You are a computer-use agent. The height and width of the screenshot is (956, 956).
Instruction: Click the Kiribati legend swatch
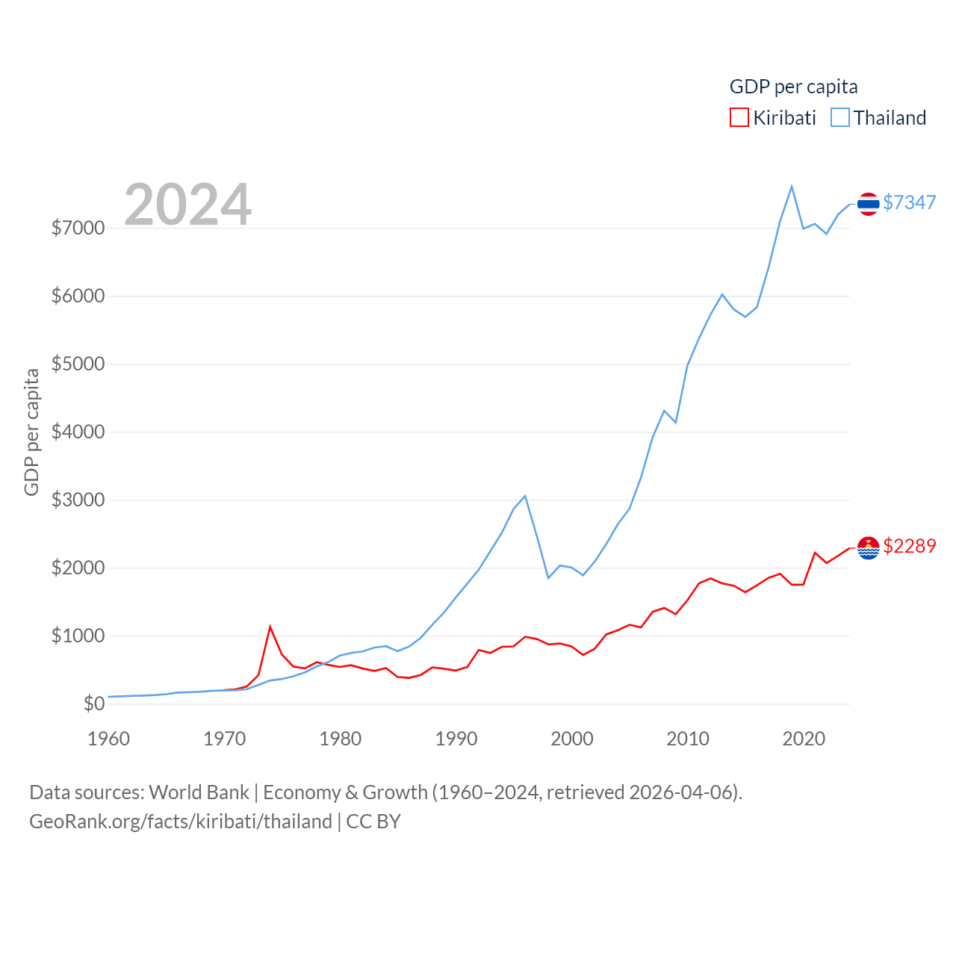click(739, 118)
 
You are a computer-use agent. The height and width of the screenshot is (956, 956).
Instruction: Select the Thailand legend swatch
click(840, 118)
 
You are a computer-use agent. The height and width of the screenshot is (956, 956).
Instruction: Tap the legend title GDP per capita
click(793, 87)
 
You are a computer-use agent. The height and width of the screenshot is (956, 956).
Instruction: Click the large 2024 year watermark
click(187, 205)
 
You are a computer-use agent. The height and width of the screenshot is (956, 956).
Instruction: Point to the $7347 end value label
click(909, 202)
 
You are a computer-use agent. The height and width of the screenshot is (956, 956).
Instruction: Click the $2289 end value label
click(909, 546)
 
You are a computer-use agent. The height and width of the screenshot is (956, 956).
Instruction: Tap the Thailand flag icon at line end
click(868, 203)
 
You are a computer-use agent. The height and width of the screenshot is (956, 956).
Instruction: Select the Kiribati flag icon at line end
click(868, 547)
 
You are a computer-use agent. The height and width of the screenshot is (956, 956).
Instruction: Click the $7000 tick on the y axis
click(78, 228)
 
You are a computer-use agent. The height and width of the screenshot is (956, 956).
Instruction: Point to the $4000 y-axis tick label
click(78, 432)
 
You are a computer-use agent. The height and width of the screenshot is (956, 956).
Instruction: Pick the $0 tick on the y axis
click(94, 704)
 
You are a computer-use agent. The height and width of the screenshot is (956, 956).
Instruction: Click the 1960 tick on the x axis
click(109, 739)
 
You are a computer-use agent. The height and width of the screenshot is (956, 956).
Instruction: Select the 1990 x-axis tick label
click(456, 739)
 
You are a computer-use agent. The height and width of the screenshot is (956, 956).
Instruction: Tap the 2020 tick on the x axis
click(804, 739)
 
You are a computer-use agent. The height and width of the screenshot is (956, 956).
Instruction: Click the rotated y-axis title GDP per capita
click(31, 432)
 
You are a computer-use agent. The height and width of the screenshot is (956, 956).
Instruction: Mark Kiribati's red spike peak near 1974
click(270, 627)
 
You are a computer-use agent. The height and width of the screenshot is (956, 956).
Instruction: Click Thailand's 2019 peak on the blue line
click(792, 186)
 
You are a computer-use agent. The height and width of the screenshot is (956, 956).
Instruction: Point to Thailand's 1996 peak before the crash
click(525, 496)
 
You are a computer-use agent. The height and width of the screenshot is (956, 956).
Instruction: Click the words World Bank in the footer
click(199, 792)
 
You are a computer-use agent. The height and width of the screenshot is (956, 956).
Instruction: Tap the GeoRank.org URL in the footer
click(181, 822)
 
